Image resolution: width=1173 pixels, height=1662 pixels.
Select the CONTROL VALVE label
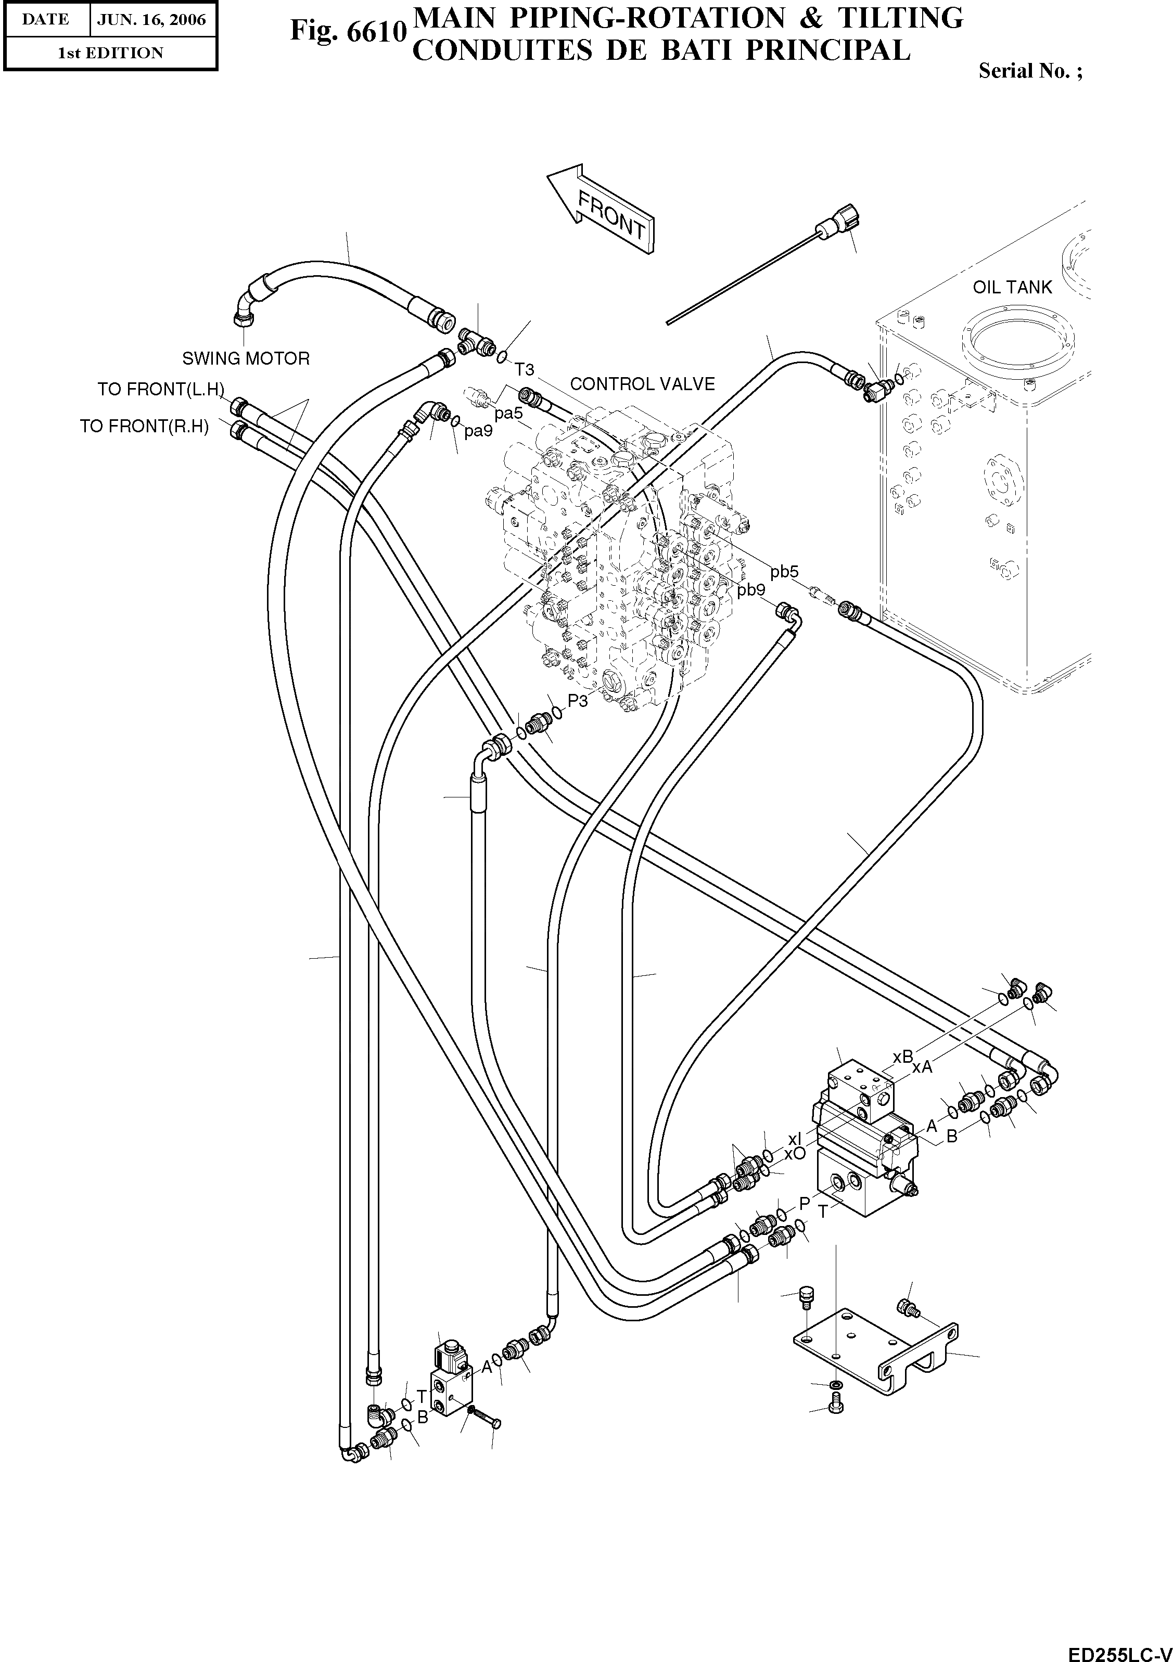[x=642, y=384]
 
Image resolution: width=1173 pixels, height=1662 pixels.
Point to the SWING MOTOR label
[x=246, y=359]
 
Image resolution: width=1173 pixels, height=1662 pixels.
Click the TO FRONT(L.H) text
[x=161, y=390]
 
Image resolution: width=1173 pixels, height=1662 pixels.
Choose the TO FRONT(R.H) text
[x=144, y=427]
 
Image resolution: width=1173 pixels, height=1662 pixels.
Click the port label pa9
[x=478, y=431]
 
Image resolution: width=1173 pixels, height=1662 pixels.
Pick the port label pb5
[x=784, y=572]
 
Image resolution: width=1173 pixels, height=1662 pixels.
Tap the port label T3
[x=524, y=370]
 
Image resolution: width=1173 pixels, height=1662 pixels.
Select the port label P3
[x=578, y=700]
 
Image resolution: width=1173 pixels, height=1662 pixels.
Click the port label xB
[x=902, y=1057]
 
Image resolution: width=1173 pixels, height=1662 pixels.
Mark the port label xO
[x=794, y=1154]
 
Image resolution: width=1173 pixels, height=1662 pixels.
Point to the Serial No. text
[x=1030, y=70]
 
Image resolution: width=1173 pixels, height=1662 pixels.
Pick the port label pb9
[x=751, y=590]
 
